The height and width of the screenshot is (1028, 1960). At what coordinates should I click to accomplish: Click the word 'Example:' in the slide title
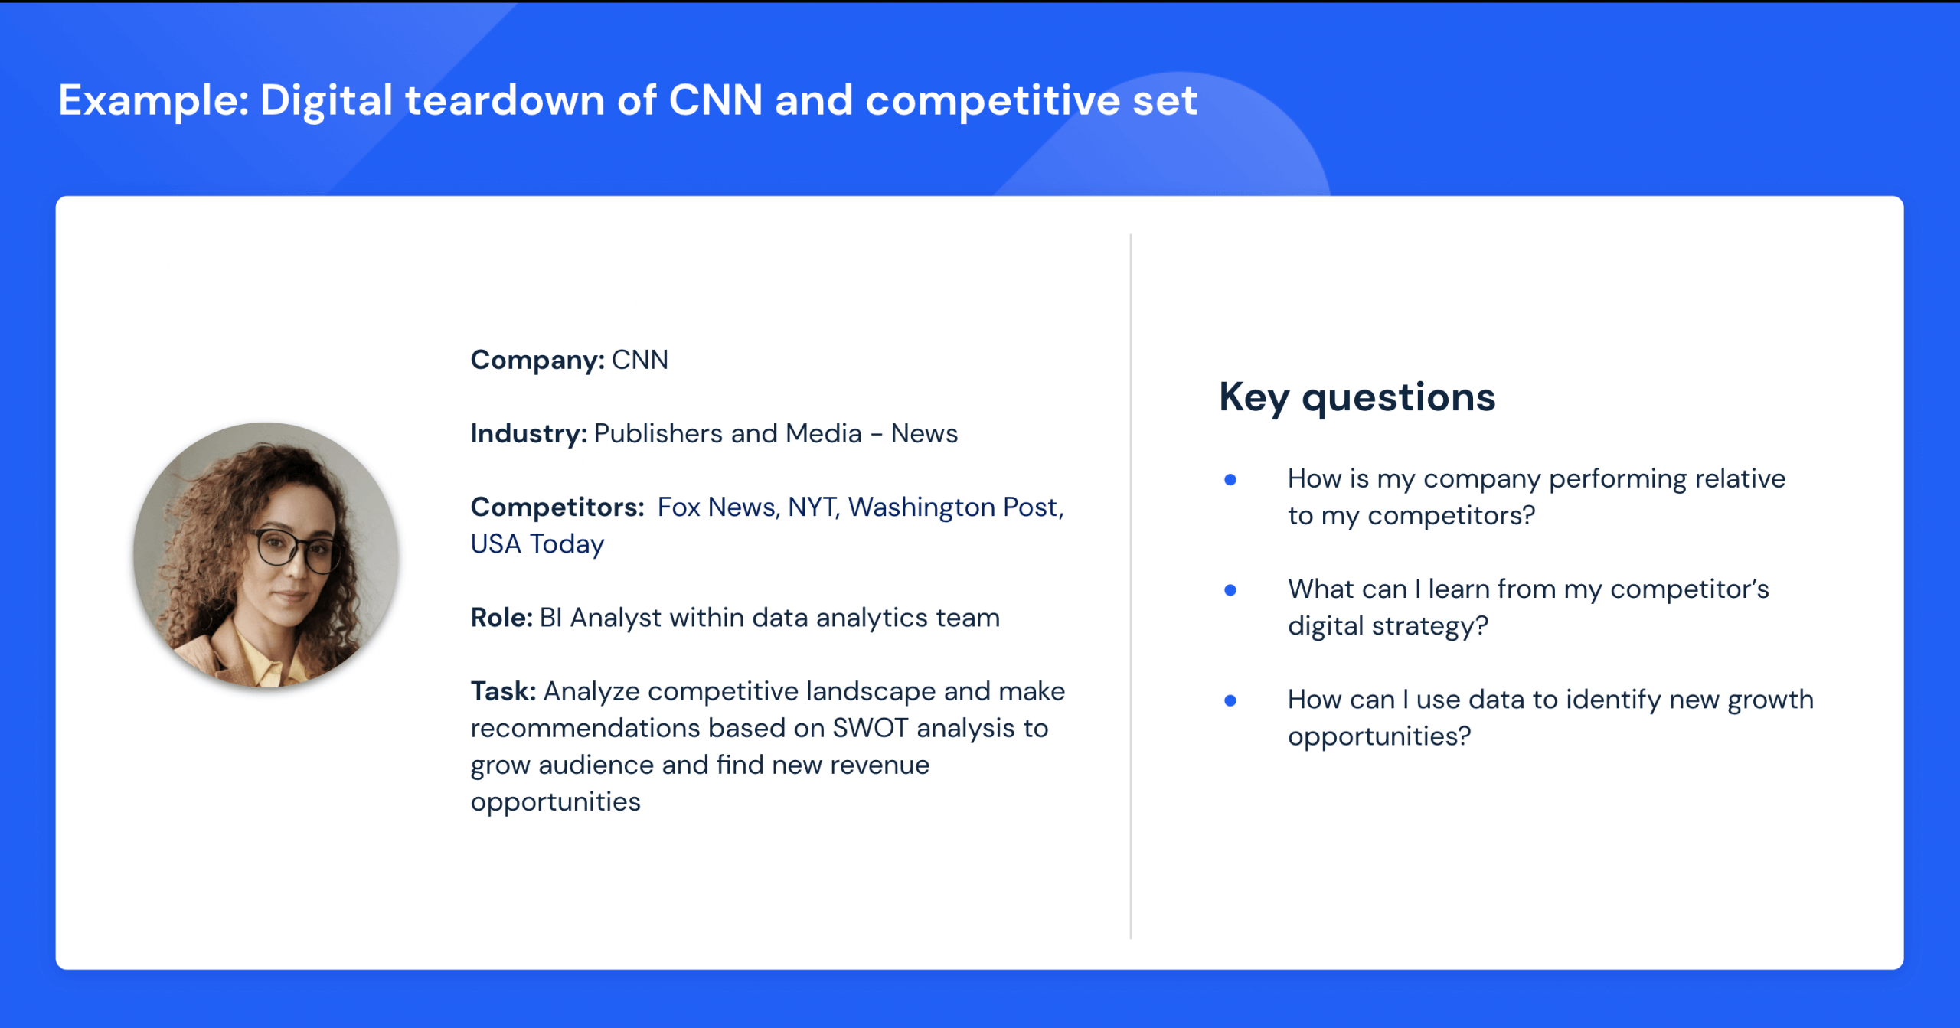153,101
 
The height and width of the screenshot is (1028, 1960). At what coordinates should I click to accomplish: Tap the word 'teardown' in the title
505,101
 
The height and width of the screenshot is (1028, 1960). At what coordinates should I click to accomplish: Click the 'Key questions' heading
1357,397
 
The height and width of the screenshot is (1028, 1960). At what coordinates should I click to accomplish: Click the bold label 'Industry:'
528,433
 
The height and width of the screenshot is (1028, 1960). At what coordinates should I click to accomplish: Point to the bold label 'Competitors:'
557,507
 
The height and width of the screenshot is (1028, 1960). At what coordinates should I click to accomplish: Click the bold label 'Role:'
501,617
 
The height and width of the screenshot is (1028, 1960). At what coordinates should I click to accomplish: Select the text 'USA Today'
537,543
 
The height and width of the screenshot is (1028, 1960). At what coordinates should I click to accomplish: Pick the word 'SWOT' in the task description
871,727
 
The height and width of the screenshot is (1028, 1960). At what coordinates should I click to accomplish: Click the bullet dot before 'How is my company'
1230,480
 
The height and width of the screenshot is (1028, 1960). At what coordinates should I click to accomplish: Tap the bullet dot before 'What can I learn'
1230,590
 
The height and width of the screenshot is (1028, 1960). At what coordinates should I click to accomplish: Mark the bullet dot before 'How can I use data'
1230,700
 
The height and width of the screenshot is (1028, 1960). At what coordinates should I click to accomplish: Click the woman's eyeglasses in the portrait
295,550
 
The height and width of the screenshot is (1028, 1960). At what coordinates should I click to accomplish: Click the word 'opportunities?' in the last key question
1379,736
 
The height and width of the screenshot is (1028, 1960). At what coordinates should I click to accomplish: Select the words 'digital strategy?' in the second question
1387,625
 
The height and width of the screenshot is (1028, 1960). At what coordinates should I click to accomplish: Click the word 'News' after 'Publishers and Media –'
924,433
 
